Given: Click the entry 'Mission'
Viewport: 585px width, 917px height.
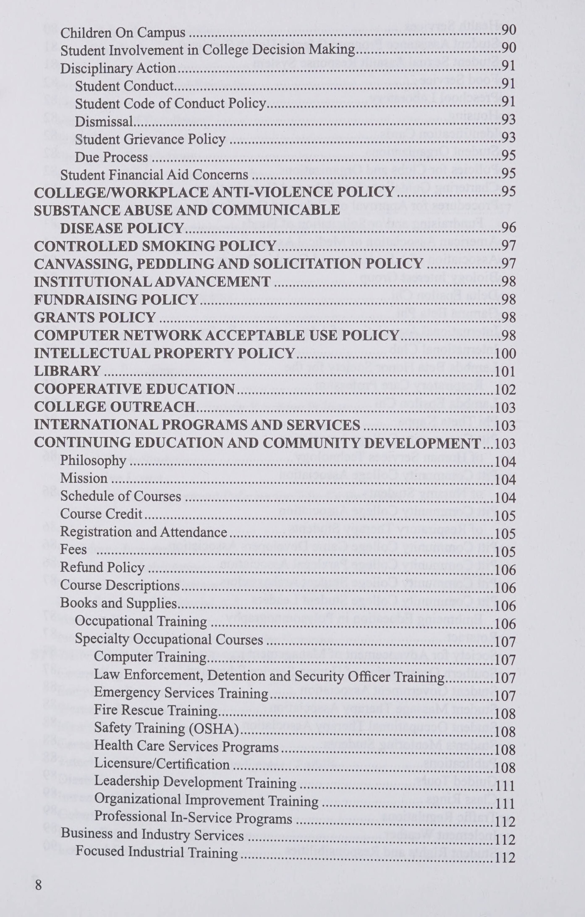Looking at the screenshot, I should pos(84,478).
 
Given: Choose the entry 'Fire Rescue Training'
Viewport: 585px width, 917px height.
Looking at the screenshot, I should pos(155,711).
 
